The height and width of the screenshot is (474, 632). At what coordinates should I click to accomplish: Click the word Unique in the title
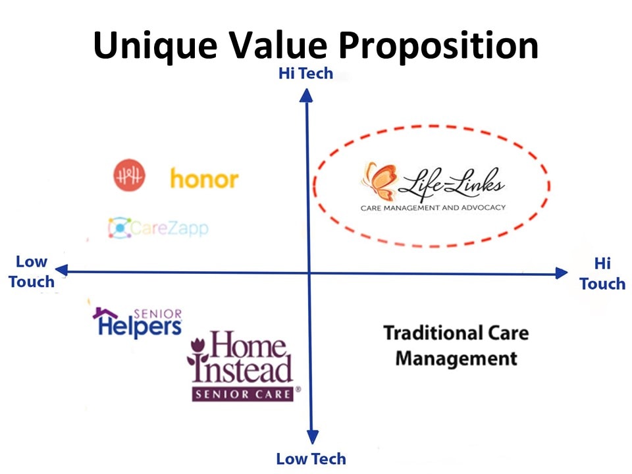coord(155,46)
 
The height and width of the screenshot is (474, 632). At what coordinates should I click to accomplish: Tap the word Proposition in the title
coord(438,46)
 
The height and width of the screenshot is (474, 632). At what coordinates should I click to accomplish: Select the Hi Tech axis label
coord(306,73)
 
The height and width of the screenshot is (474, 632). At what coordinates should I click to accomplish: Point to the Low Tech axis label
coord(311,459)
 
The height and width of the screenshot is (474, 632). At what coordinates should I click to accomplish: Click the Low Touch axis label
coord(32,272)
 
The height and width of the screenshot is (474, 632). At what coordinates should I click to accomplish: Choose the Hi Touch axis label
coord(602,274)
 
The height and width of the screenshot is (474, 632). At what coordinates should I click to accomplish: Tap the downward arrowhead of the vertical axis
coord(312,437)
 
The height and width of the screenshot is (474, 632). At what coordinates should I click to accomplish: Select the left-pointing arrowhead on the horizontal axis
coord(61,270)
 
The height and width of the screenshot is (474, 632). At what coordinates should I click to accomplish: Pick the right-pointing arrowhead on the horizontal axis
coord(562,273)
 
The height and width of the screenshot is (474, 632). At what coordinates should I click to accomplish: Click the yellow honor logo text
coord(204,178)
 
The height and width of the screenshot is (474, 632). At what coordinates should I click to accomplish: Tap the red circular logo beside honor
coord(129,175)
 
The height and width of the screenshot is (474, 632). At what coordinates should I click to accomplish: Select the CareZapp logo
coord(159,228)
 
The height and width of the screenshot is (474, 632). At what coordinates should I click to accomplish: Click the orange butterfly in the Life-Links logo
coord(379,182)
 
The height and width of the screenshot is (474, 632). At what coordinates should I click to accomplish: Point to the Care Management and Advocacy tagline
coord(433,208)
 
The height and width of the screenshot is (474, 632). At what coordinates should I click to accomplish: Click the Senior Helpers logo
coord(138,322)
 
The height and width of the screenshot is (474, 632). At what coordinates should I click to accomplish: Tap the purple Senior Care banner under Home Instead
coord(243,394)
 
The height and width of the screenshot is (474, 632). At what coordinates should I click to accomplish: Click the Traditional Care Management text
coord(456,346)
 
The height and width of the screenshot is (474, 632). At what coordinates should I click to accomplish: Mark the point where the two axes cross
coord(309,273)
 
